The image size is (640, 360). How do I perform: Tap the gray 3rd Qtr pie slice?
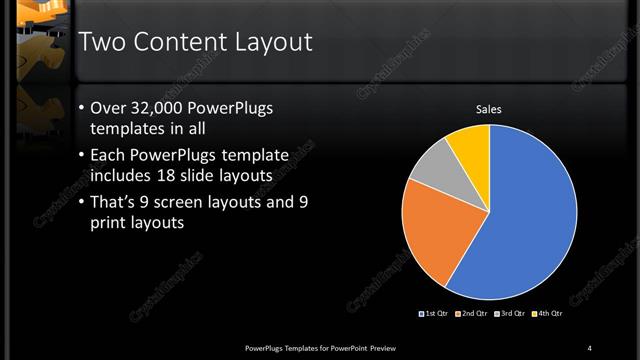(432, 168)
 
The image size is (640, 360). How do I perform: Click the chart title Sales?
(488, 109)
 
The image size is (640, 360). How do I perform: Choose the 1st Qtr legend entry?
(433, 315)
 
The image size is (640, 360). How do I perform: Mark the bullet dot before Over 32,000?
(81, 108)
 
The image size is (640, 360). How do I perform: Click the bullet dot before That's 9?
(81, 202)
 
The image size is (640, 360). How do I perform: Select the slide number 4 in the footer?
(589, 347)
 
